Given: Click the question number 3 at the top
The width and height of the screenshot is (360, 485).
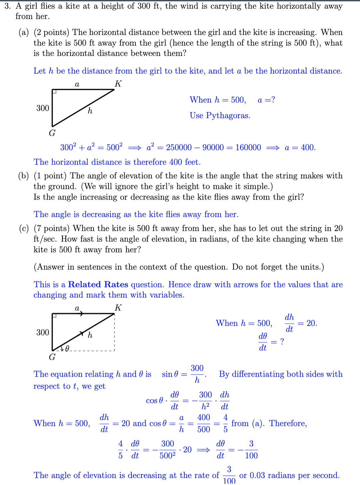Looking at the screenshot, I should point(7,6).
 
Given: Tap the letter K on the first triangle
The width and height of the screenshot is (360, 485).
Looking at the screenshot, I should point(118,83).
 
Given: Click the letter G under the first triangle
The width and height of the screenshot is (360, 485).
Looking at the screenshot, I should point(52,133).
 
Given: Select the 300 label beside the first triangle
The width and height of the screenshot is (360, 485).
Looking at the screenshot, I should point(43,108).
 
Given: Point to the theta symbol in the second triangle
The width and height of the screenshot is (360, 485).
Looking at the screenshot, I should point(67,349).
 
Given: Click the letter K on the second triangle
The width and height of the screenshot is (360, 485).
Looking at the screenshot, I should point(118,308).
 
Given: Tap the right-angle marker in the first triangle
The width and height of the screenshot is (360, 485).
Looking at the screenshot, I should point(54,91).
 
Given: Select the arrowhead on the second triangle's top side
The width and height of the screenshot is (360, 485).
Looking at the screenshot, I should point(81,313).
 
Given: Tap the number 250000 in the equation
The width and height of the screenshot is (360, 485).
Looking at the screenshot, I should point(179,147).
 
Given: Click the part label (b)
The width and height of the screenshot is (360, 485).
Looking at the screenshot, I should point(24,176).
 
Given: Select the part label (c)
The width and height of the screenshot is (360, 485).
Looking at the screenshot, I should point(24,229).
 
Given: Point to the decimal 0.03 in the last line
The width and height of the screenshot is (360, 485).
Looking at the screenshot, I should point(258,475).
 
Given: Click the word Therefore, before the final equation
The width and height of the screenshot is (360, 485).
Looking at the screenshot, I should point(288,423).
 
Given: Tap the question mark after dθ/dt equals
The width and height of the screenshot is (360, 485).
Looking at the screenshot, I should point(282,342).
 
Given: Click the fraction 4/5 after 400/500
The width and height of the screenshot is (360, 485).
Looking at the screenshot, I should point(226,423).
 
